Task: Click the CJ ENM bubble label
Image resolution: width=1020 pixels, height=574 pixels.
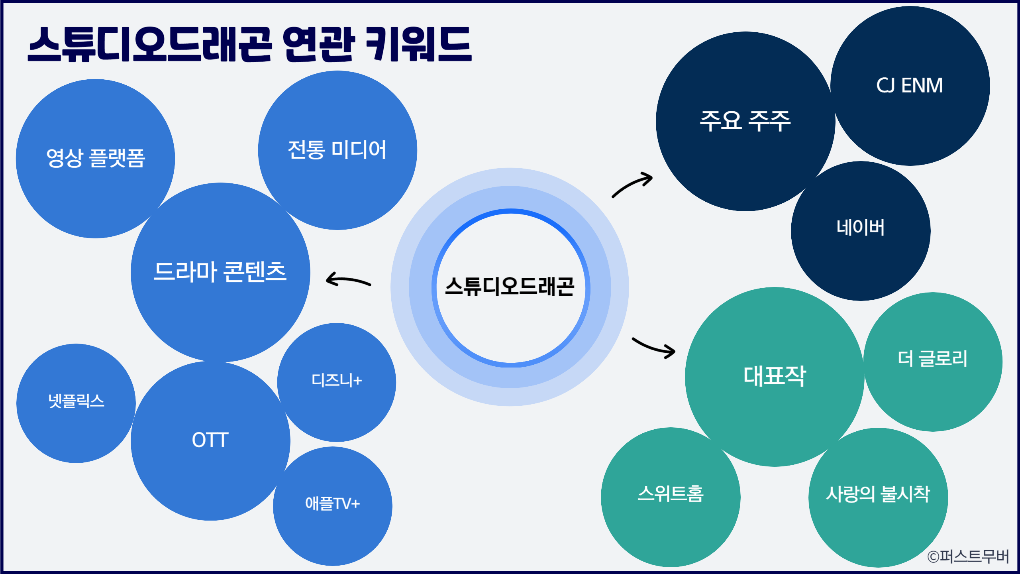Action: (910, 85)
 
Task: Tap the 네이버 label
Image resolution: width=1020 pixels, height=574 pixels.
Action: (861, 228)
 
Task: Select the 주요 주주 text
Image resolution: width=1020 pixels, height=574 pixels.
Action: (745, 120)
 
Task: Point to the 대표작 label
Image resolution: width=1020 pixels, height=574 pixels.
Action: (775, 376)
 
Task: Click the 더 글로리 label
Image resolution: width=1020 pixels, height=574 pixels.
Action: (933, 358)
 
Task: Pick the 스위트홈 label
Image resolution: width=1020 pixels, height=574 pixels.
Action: (671, 493)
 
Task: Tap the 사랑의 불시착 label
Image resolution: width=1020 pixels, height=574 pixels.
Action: (878, 494)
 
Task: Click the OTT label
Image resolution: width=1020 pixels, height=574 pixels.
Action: (210, 440)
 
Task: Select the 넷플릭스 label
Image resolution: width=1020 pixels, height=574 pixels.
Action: (76, 401)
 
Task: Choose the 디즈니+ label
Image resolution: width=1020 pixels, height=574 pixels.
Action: (337, 380)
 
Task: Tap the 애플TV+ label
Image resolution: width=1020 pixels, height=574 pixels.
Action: (333, 503)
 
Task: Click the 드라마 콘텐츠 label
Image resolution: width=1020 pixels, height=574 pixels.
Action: (220, 272)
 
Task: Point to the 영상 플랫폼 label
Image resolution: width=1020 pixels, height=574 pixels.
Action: (96, 158)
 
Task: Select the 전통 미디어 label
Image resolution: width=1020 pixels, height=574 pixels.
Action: (337, 150)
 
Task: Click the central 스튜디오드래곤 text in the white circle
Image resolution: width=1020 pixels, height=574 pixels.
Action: (510, 287)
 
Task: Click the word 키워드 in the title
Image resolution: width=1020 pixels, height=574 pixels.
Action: (418, 44)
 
